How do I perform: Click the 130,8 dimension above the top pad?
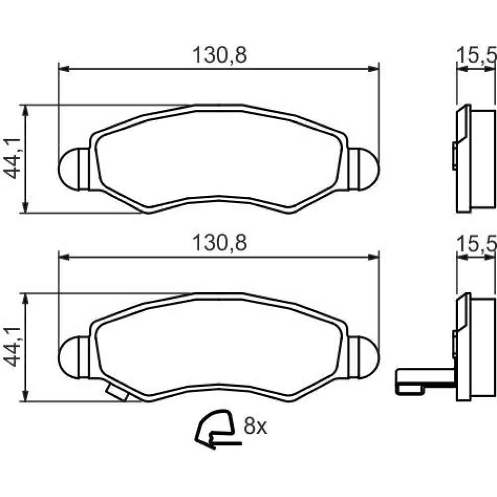219,55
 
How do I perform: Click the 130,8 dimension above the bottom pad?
219,243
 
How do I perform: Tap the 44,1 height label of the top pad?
12,159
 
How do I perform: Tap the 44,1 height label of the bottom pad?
12,346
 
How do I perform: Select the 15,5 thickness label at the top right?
477,56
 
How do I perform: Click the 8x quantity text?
255,426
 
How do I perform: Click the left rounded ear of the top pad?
74,169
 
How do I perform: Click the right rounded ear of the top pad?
364,169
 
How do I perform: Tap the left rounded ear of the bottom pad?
74,357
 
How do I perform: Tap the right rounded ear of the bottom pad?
364,357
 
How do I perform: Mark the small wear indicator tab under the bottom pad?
117,393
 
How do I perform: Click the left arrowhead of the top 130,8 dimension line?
64,69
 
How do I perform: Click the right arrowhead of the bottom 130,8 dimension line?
373,257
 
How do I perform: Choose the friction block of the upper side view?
483,159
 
